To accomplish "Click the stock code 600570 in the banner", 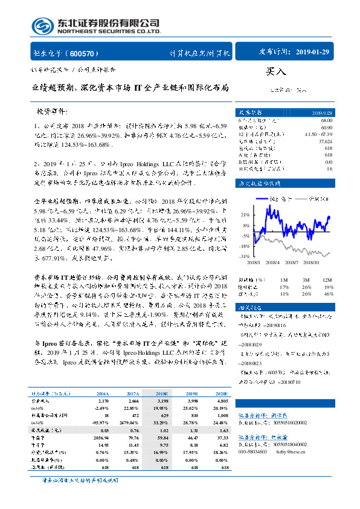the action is pyautogui.click(x=88, y=53).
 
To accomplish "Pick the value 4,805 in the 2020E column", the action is pyautogui.click(x=222, y=384).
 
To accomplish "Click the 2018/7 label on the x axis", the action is pyautogui.click(x=294, y=261).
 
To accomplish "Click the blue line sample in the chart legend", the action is pyautogui.click(x=263, y=199).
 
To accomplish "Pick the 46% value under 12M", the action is pyautogui.click(x=329, y=294).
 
